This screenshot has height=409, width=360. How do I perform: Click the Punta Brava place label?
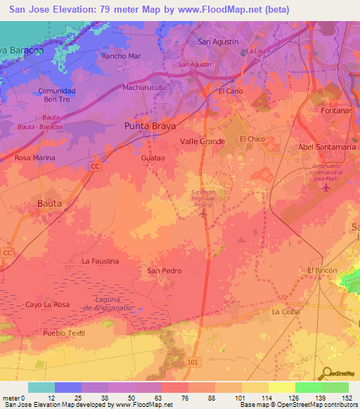149,126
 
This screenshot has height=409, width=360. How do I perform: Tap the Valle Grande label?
202,141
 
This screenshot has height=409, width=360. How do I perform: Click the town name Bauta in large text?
49,203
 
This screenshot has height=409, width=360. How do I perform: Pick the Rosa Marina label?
34,158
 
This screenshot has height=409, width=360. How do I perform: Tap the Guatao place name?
153,159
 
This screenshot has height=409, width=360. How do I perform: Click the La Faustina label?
100,261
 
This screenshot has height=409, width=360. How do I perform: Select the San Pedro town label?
164,271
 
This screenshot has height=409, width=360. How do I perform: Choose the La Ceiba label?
286,311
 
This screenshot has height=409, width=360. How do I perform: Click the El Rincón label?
323,271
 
